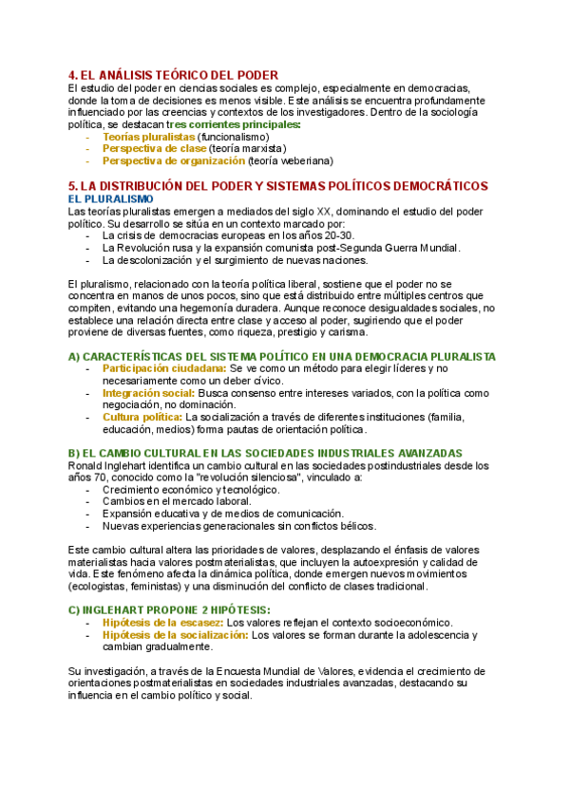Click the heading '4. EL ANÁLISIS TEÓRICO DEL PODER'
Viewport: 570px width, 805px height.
(173, 75)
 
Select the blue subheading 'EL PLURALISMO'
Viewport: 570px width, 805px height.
(111, 198)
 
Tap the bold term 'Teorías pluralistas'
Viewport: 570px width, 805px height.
(148, 137)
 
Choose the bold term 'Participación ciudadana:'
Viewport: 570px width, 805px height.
(164, 368)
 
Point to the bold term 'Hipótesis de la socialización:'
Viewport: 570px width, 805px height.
(178, 634)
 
